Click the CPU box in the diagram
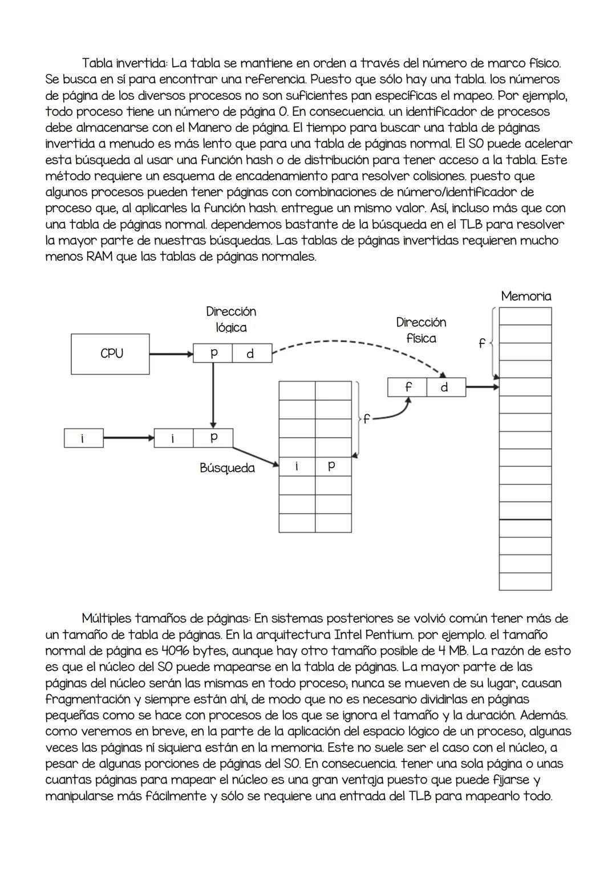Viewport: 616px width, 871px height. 111,354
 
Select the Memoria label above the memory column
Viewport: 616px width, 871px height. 526,296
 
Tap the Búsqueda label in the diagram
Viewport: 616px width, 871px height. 227,468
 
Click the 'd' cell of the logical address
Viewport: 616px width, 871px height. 250,354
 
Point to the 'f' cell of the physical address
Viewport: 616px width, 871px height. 407,387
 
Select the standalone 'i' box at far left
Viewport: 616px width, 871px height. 83,438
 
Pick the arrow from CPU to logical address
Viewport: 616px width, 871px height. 171,354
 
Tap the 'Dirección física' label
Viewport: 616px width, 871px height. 421,330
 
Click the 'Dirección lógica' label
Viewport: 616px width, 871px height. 231,319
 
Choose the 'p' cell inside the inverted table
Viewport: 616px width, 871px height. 333,466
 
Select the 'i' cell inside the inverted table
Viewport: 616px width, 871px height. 297,466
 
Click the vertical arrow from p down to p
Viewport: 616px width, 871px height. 213,394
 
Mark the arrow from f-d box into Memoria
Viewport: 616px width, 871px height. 482,387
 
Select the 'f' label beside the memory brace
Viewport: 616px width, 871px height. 481,343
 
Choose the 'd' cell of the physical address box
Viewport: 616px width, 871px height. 445,387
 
